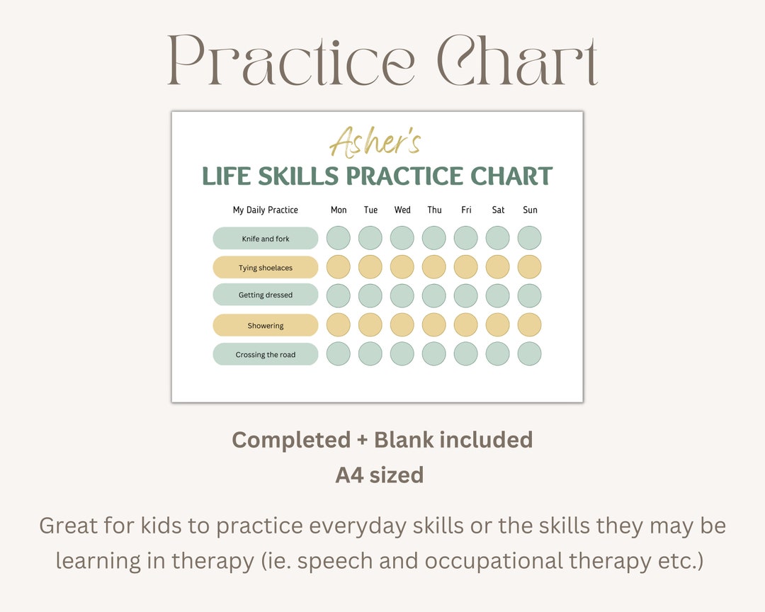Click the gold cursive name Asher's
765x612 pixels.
click(x=375, y=141)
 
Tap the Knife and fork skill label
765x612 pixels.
click(x=266, y=239)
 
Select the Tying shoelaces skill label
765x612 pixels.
click(x=266, y=268)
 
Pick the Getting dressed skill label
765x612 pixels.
click(x=266, y=295)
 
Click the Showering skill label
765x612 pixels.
click(x=266, y=326)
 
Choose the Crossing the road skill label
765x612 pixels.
click(x=266, y=355)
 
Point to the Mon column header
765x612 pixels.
click(x=339, y=210)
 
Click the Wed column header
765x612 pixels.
click(x=402, y=210)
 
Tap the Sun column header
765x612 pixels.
click(x=530, y=210)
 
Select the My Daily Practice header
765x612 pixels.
click(x=266, y=210)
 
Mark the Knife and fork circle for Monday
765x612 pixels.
click(x=339, y=238)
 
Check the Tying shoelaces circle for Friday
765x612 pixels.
click(x=466, y=267)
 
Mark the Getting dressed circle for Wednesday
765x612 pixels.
click(x=402, y=295)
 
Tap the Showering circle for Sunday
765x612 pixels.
click(x=530, y=325)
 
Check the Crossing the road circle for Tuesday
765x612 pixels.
click(x=370, y=354)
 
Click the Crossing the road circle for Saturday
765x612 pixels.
click(x=498, y=354)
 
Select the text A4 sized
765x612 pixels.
click(x=380, y=475)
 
